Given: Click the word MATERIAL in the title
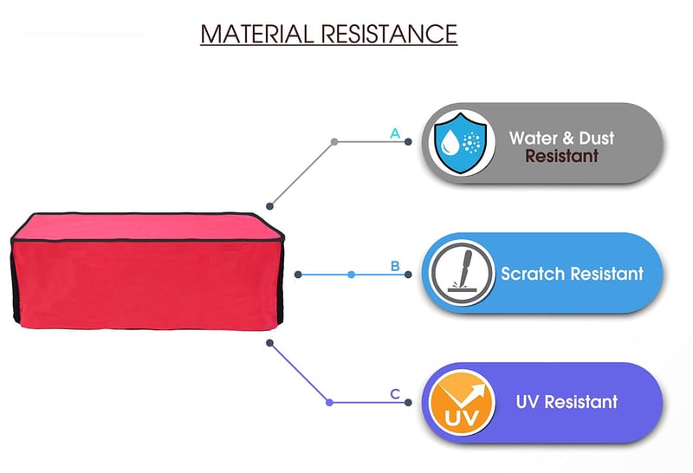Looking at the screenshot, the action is (x=256, y=34).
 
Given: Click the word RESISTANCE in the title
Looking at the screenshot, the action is (x=389, y=34).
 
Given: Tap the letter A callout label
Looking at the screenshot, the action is (x=395, y=133).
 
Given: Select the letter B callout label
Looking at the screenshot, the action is (x=395, y=266).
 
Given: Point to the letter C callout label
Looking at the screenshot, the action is (x=395, y=394).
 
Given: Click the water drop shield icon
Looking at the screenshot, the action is (x=461, y=142).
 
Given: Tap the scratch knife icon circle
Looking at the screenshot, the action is (x=462, y=273).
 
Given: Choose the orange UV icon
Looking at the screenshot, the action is (x=462, y=402).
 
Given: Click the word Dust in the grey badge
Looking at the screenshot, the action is (x=597, y=138).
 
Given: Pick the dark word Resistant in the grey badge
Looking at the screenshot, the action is (x=561, y=156).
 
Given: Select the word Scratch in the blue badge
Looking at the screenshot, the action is (x=533, y=274).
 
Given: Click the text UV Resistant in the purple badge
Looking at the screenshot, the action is (x=567, y=402).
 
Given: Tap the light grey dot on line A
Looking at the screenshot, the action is (x=334, y=141).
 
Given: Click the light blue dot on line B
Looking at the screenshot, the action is (x=351, y=275).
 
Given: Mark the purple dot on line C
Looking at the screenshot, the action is (x=329, y=402).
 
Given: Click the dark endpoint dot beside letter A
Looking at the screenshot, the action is (x=408, y=141).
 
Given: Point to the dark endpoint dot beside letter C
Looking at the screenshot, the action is (x=408, y=402).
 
